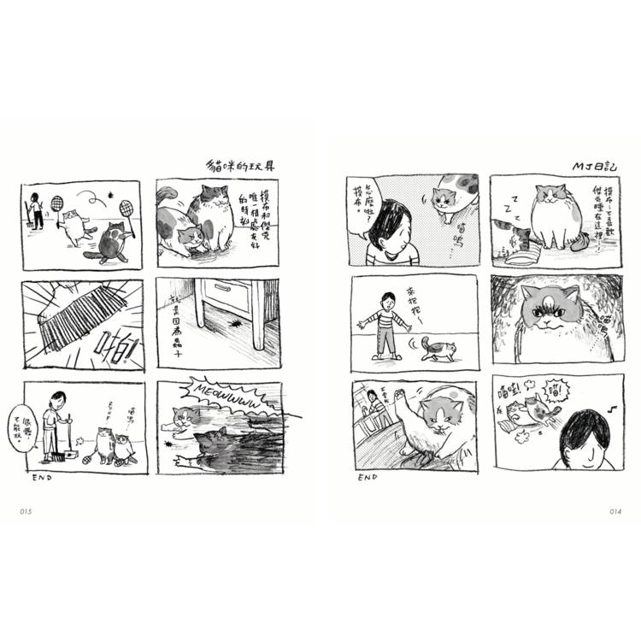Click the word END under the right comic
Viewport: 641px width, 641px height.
[x=368, y=477]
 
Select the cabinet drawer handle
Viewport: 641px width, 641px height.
[x=224, y=288]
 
